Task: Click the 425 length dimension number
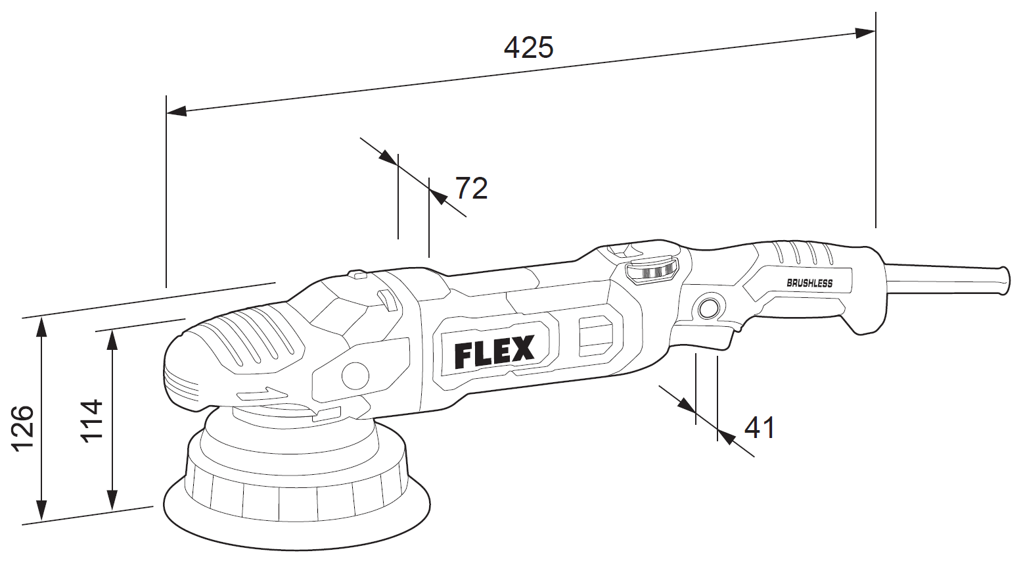(x=529, y=48)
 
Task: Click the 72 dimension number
(x=472, y=189)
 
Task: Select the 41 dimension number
(x=760, y=428)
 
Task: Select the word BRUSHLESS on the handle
(x=809, y=283)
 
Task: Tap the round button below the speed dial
(x=708, y=308)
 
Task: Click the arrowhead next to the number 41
(x=725, y=435)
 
